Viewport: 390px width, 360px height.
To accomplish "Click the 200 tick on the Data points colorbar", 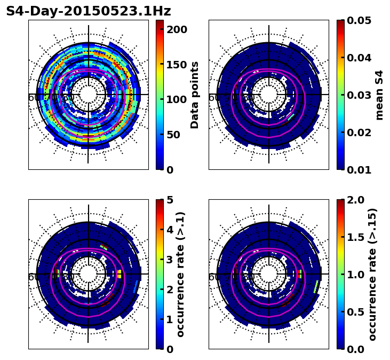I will click(x=177, y=29).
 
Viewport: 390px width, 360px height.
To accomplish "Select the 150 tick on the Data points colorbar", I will click(x=177, y=65).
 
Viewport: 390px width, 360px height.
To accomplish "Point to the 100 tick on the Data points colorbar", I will click(x=177, y=99).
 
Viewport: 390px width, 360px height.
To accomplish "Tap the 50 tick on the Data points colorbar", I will click(x=177, y=135).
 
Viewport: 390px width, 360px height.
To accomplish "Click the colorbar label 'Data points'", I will click(x=195, y=95).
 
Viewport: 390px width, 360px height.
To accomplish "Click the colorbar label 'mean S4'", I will click(x=379, y=95).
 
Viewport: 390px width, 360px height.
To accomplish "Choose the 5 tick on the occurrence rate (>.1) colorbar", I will click(x=170, y=200).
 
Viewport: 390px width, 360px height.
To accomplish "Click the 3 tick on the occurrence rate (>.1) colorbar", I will click(x=170, y=260).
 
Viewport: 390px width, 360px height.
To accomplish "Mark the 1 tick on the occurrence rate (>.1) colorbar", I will click(x=170, y=319).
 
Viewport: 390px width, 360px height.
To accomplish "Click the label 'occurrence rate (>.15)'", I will click(x=372, y=274).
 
